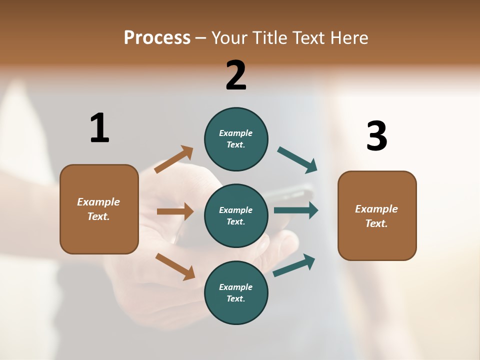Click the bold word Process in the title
tap(157, 37)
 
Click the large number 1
tap(99, 128)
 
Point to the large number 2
tap(236, 75)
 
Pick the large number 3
tap(376, 136)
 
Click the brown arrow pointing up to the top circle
tap(174, 159)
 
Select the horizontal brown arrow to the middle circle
tap(175, 211)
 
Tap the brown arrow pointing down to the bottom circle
tap(175, 266)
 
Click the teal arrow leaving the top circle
tap(297, 160)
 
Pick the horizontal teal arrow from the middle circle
tap(296, 210)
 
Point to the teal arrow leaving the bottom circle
tap(294, 265)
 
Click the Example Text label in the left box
tap(98, 209)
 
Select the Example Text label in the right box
tap(376, 216)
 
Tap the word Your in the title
tap(230, 37)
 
